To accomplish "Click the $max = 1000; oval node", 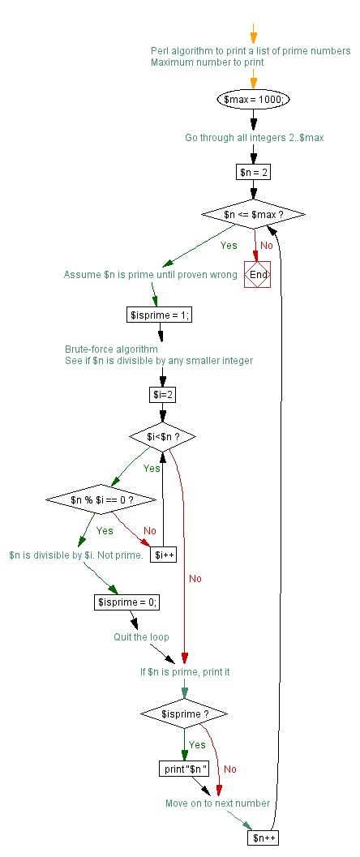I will coord(255,98).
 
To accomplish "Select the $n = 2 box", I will coord(255,172).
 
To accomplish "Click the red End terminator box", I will coord(258,275).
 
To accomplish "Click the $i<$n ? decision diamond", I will coord(164,436).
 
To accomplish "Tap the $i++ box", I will coord(164,555).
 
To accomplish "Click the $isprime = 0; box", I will coord(127,602).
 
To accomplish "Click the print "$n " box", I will coord(185,768).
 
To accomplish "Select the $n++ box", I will coord(262,838).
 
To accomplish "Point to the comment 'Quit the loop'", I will coord(141,637).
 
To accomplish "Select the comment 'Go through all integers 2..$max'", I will coord(255,137).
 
